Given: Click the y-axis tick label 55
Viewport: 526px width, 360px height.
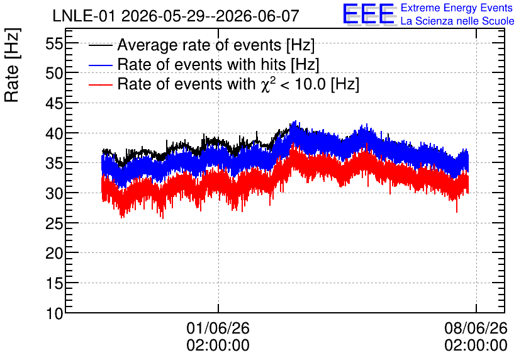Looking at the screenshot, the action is tap(54, 43).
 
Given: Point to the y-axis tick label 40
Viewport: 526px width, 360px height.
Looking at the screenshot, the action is tap(54, 133).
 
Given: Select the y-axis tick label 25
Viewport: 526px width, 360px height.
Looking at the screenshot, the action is tap(54, 223).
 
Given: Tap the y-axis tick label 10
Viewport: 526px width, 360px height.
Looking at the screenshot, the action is tap(54, 313).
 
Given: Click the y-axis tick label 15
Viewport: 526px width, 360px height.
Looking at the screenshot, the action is tap(54, 283).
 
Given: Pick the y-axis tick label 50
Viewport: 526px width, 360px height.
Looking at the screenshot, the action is tap(54, 74).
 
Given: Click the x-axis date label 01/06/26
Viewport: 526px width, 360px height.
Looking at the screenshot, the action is tap(218, 328).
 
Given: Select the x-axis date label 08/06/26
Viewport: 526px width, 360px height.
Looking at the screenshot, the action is tap(476, 328).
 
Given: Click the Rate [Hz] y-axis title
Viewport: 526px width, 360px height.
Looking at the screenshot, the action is tap(12, 65).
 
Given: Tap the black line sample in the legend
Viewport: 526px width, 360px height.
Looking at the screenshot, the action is tap(100, 45).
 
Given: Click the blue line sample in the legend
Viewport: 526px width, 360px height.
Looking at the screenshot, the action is tap(100, 65).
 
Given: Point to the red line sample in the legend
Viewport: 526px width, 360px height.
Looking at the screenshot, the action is tap(100, 84).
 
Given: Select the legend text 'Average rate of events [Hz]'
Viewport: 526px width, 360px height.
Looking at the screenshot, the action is tap(216, 45).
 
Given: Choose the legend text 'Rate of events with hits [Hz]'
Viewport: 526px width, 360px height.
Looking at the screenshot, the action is tap(218, 64).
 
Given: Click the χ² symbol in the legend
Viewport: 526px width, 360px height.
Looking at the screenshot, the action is tap(268, 84).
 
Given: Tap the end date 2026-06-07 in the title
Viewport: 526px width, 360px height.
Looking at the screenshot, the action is tap(257, 16).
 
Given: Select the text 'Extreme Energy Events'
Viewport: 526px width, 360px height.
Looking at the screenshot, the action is tap(457, 8).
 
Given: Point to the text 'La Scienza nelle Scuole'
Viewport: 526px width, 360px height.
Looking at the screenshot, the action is tap(457, 21).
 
